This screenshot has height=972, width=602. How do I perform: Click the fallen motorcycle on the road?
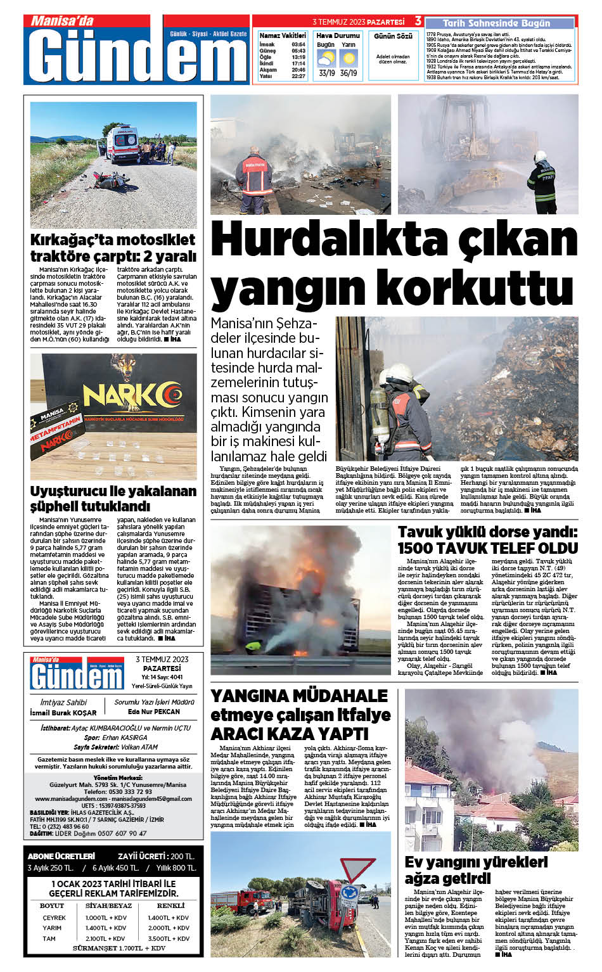pyautogui.click(x=110, y=181)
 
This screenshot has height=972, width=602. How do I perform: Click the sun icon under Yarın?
pyautogui.click(x=348, y=59)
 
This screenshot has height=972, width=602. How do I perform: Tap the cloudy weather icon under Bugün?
pyautogui.click(x=326, y=59)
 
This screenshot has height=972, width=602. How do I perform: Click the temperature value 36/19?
pyautogui.click(x=348, y=73)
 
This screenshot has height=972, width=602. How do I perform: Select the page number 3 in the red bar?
pyautogui.click(x=418, y=22)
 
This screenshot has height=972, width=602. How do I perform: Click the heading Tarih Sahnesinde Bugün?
pyautogui.click(x=496, y=23)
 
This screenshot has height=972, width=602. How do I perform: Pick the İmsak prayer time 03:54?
pyautogui.click(x=298, y=44)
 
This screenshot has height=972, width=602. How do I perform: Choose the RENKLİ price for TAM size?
pyautogui.click(x=169, y=938)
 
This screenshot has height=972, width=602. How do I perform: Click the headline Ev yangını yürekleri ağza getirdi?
pyautogui.click(x=476, y=870)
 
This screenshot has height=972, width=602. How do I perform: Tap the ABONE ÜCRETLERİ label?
pyautogui.click(x=61, y=856)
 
